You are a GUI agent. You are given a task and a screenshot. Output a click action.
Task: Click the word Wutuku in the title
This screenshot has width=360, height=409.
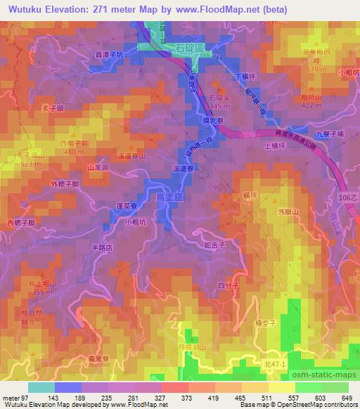[22, 8]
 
